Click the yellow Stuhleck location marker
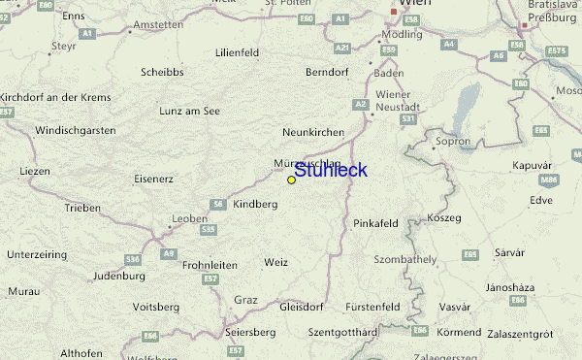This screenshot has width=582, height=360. pos(291,180)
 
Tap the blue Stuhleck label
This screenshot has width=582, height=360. pos(330,171)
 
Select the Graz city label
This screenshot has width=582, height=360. pos(245,300)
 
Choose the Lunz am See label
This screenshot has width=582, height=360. pos(190,111)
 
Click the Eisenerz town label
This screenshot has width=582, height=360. pos(153,179)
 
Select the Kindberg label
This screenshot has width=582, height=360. pos(256,205)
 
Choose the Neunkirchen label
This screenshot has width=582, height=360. pos(313,131)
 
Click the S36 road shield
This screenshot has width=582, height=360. pos(132,260)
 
